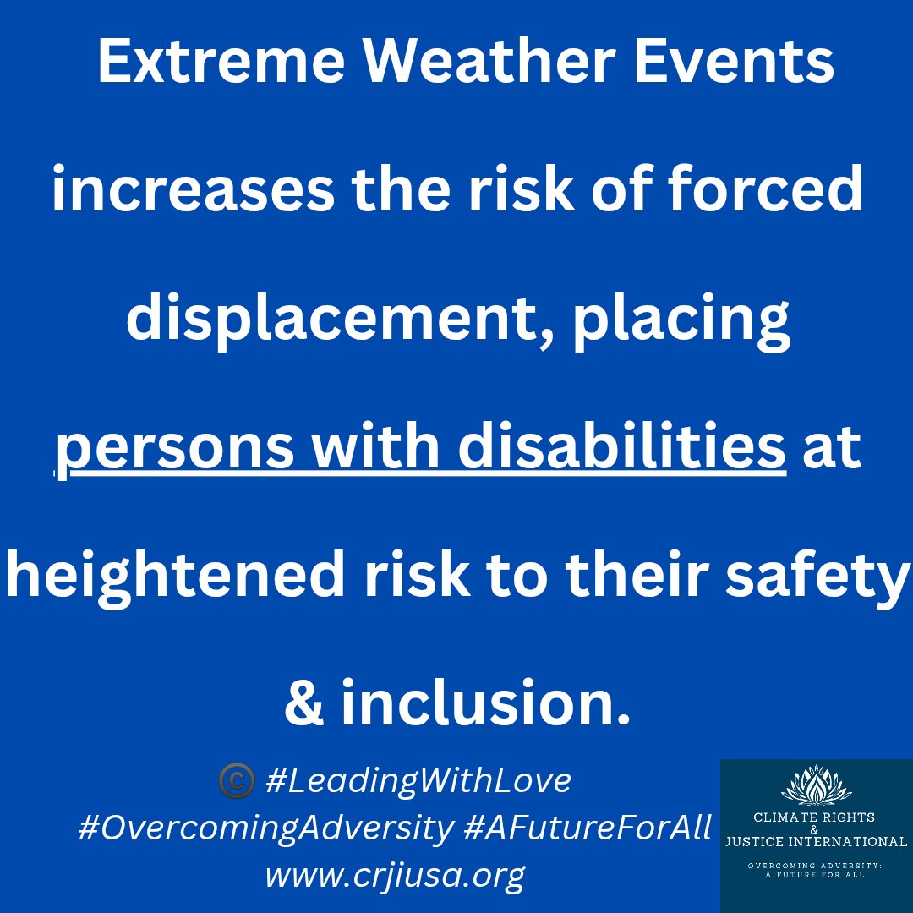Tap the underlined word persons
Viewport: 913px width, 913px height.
coord(175,448)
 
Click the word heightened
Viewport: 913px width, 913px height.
coord(175,576)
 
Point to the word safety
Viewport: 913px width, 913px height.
coord(818,576)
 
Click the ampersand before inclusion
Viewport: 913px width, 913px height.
coord(304,703)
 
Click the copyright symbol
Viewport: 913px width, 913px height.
coord(237,781)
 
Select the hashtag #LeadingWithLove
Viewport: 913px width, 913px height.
coord(418,781)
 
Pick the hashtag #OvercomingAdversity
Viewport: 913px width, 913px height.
coord(265,828)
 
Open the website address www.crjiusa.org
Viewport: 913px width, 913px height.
coord(395,875)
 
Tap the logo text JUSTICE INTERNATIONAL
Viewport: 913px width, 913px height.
coord(816,841)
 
